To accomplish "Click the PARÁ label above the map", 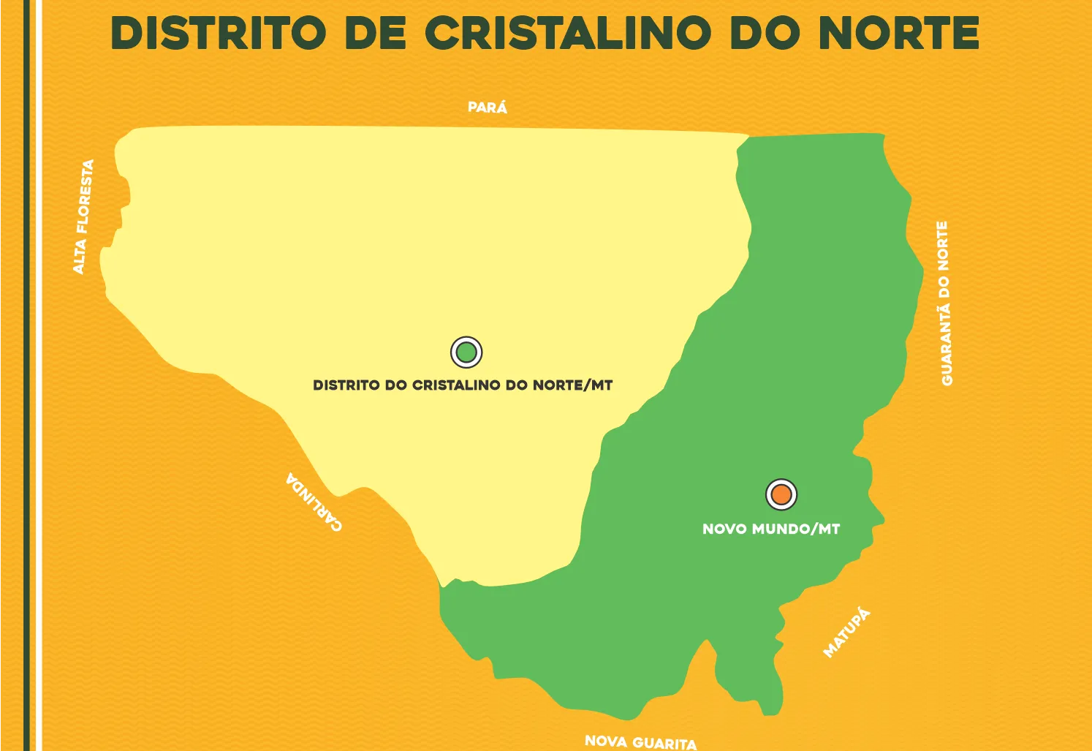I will point(488,107).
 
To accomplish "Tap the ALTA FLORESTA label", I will point(83,216).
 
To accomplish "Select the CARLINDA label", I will point(314,502).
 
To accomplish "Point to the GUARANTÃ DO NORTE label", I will point(945,303).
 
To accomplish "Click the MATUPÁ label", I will point(847,633).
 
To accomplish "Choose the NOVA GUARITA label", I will point(640,742).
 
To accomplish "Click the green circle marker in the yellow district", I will point(466,352).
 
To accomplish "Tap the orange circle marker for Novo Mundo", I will point(781,495).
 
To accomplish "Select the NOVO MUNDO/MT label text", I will point(771,529).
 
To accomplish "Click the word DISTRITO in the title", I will point(218,34).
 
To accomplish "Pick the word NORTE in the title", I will point(898,34).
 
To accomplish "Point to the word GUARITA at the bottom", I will point(664,744).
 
